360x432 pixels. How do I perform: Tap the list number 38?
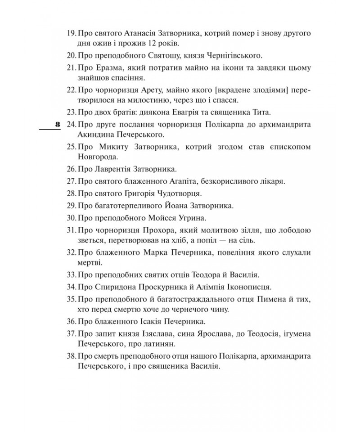72,356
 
